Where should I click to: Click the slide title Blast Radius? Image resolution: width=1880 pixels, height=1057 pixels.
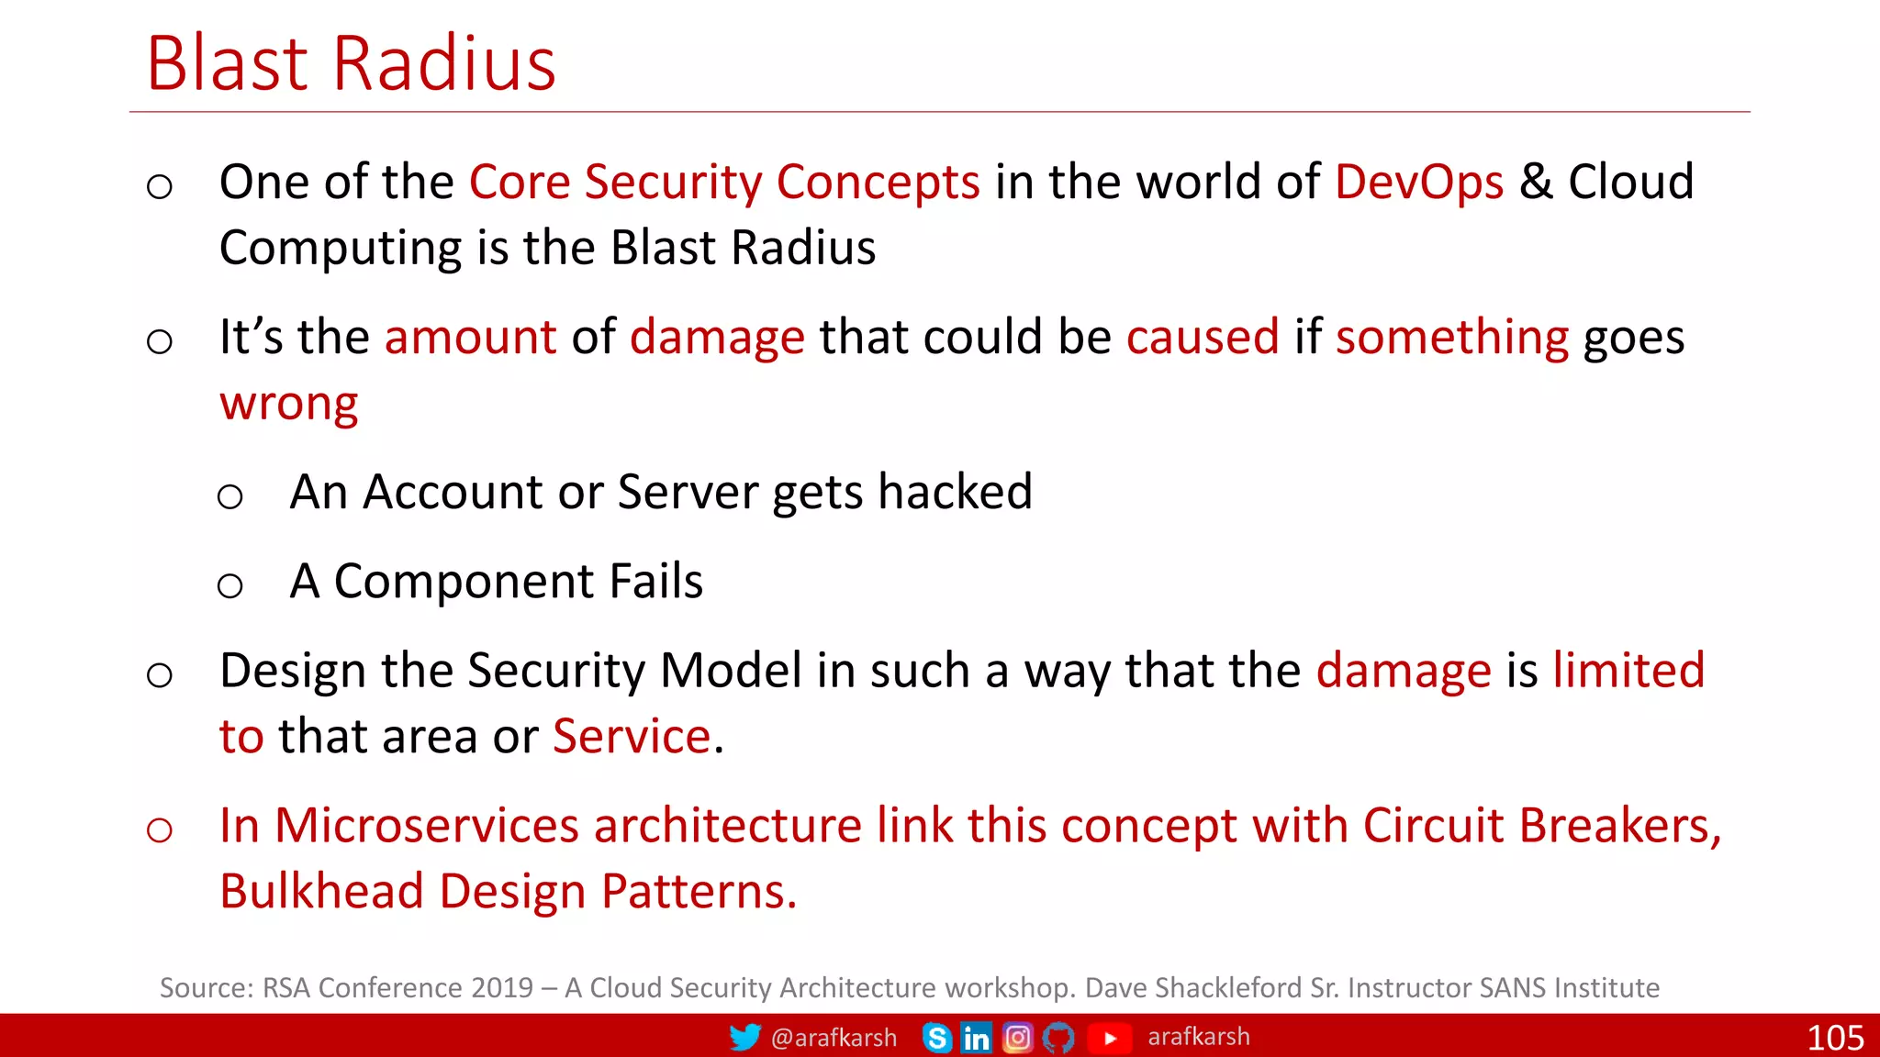click(352, 64)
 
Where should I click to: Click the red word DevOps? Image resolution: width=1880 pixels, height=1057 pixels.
click(1418, 182)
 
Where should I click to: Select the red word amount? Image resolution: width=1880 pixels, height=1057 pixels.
click(470, 337)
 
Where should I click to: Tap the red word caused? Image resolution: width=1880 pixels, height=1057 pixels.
click(1203, 337)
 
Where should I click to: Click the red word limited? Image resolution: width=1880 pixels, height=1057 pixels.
click(1628, 670)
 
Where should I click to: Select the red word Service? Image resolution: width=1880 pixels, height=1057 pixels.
click(632, 736)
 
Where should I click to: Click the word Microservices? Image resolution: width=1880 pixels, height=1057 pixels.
click(427, 825)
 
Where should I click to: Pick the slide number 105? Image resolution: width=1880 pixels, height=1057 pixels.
click(1834, 1038)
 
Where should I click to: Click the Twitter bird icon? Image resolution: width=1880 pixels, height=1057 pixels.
click(744, 1037)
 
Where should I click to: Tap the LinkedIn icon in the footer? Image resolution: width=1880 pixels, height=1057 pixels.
click(976, 1038)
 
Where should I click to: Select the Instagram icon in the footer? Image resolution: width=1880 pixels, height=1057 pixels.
click(1017, 1038)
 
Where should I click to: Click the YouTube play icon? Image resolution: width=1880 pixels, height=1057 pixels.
click(1110, 1038)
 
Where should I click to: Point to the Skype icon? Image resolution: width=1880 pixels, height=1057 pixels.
click(936, 1038)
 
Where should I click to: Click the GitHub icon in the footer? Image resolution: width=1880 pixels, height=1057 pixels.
click(1058, 1038)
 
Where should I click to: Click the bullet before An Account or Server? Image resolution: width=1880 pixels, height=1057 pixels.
click(229, 497)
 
